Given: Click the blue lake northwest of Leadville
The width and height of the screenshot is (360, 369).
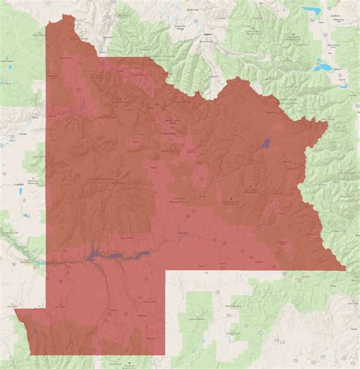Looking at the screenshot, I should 312,10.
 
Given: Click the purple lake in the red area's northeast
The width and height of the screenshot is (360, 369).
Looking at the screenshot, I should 264,142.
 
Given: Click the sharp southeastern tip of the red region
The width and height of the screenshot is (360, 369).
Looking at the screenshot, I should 346,270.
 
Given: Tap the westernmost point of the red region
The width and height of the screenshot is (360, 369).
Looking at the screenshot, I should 14,310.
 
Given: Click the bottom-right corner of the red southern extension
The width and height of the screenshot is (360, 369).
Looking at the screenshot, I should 165,355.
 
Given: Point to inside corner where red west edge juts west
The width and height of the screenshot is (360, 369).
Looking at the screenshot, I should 46,309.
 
